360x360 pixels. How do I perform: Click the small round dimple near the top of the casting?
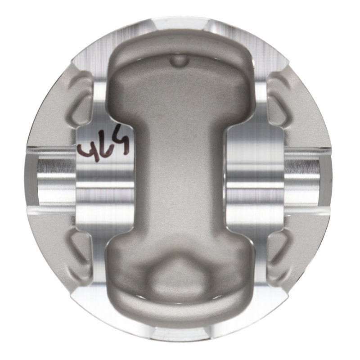point(180,59)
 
